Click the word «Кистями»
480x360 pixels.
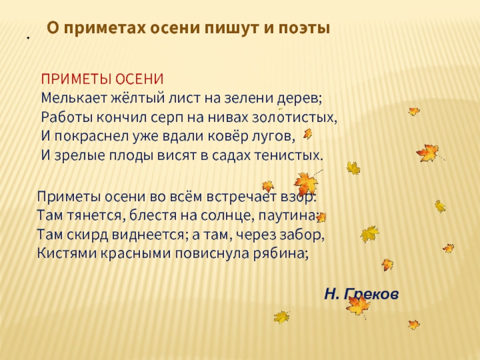pos(63,253)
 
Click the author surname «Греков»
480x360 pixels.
pos(374,294)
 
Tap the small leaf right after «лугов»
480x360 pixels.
pos(308,134)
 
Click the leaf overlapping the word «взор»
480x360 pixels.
pos(305,182)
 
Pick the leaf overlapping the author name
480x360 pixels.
pos(359,305)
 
